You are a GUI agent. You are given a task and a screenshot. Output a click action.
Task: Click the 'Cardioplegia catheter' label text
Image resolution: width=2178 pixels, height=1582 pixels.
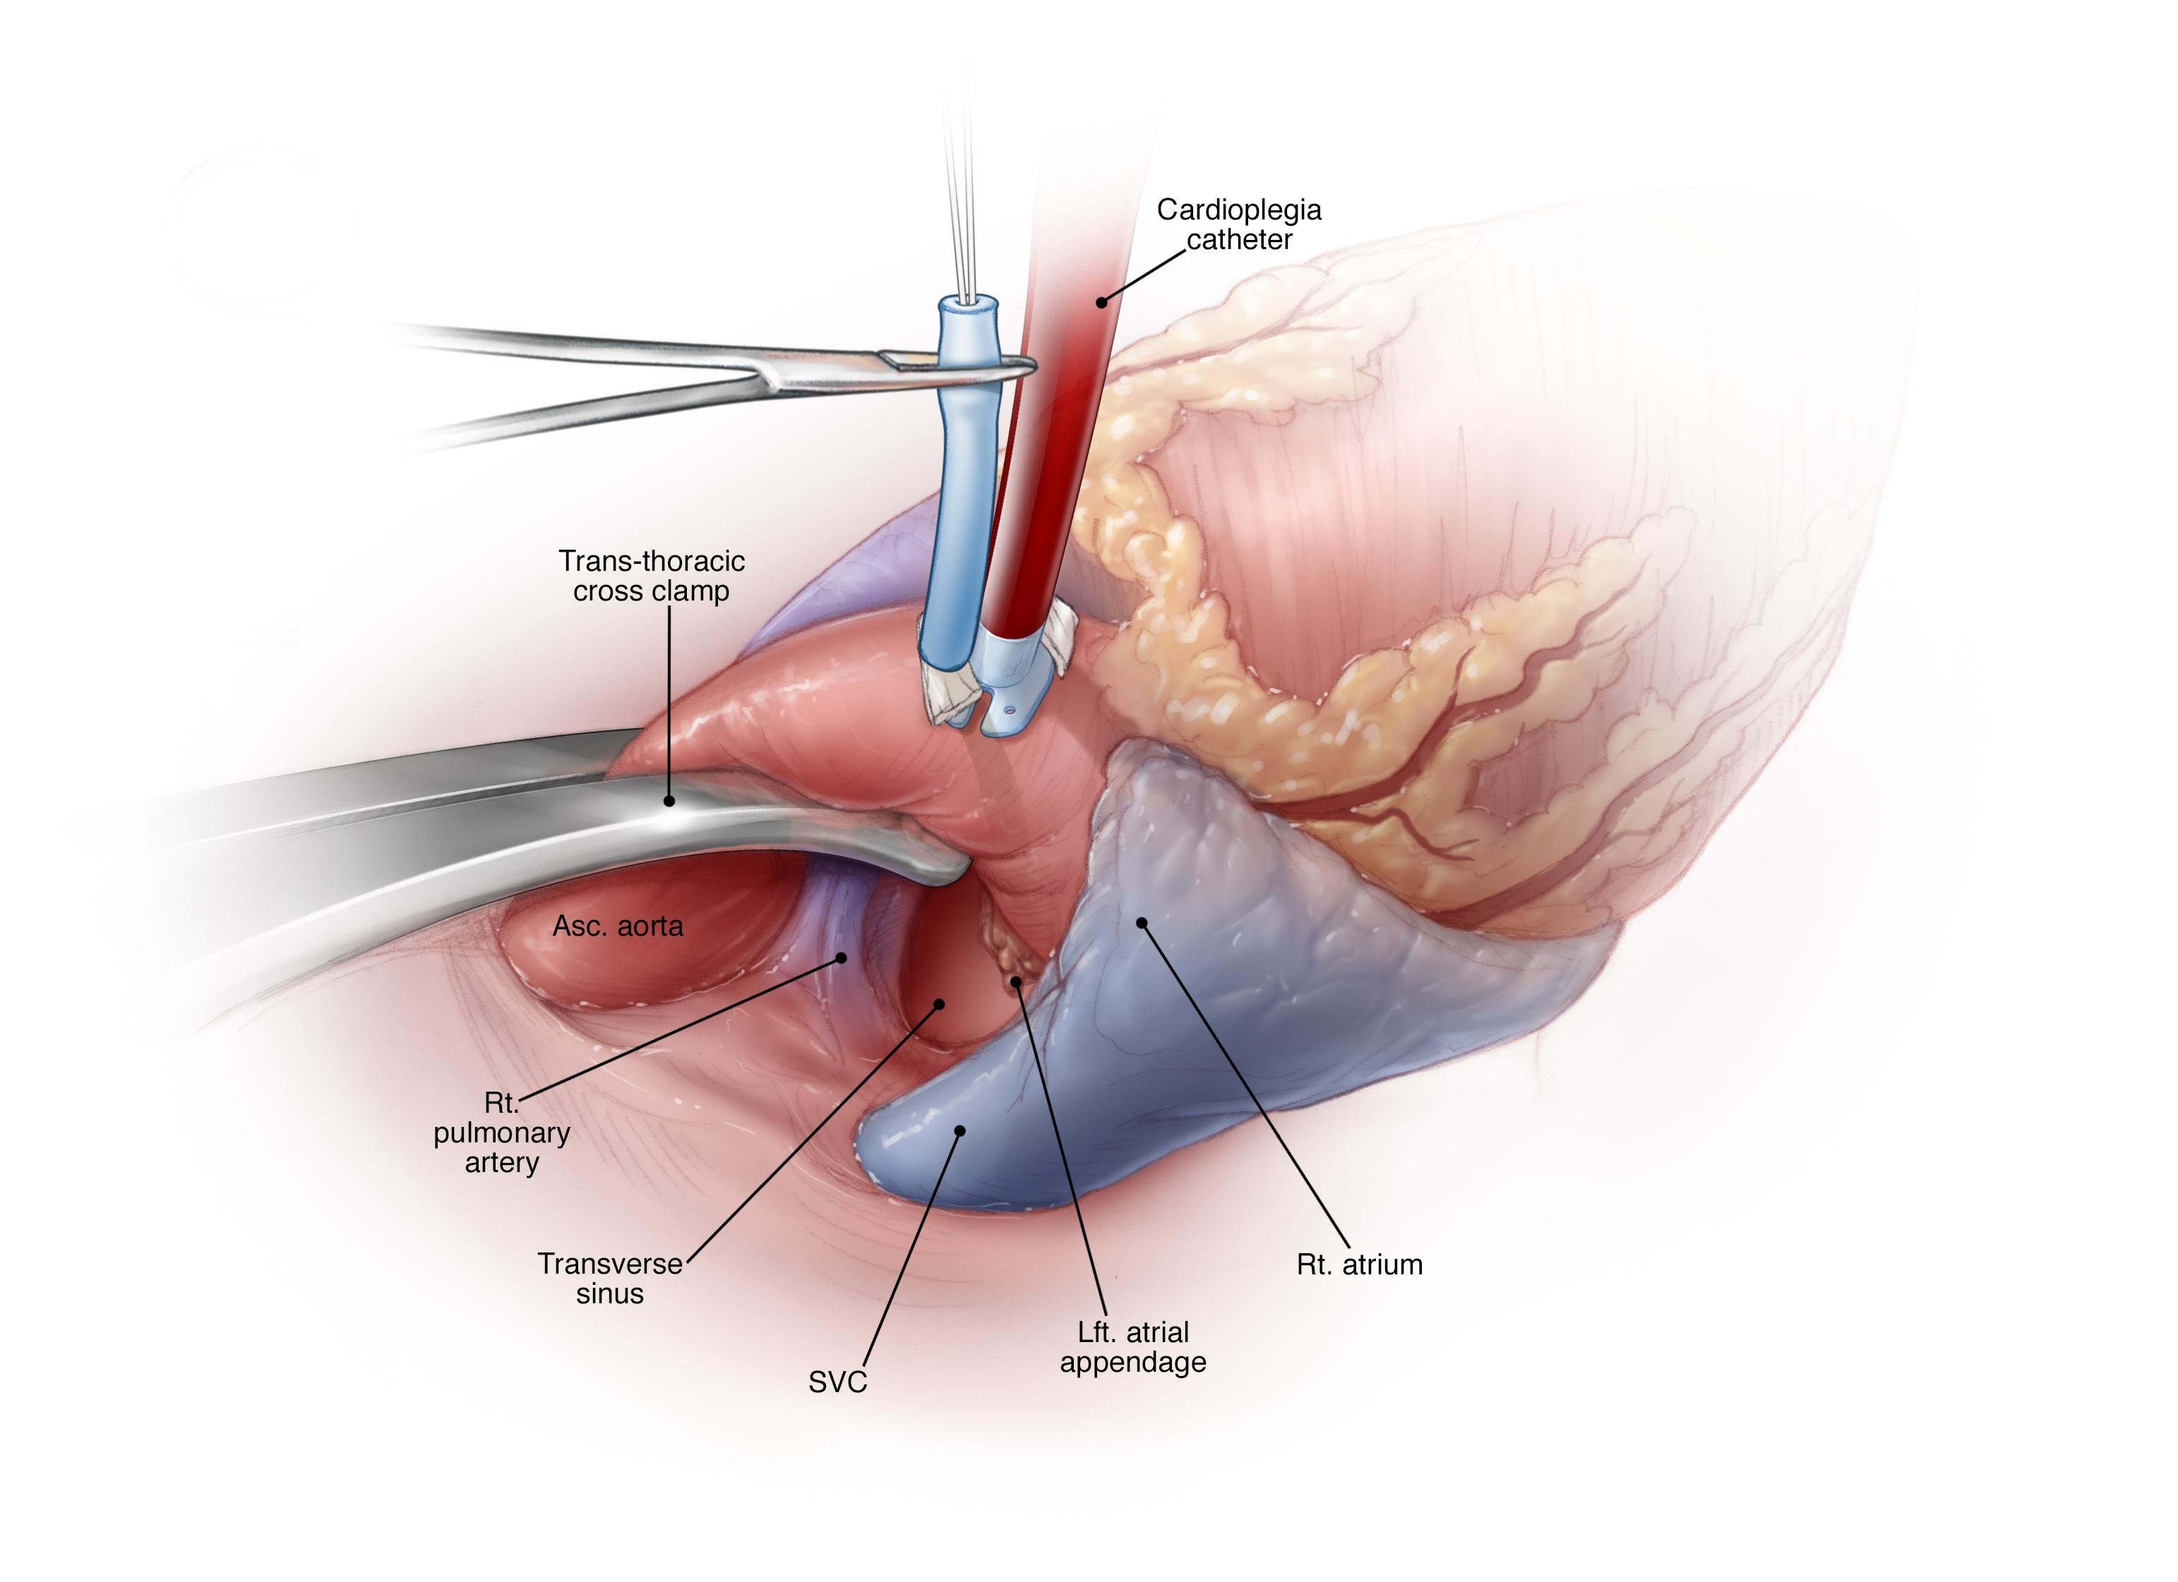(1239, 224)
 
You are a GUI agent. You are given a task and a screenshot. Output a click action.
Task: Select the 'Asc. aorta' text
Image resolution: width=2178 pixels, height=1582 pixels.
(618, 926)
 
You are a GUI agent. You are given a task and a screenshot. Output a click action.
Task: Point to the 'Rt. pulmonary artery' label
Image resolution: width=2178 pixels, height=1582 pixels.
(501, 1133)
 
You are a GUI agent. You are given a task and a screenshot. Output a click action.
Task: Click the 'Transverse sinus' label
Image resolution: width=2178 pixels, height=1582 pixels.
(610, 1278)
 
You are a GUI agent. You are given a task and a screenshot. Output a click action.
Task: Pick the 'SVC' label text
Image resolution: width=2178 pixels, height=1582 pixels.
(837, 1382)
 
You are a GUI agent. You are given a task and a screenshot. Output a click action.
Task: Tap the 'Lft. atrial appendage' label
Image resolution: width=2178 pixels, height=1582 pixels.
(1133, 1347)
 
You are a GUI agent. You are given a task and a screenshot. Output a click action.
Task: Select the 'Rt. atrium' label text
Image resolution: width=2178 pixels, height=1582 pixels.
(1359, 1265)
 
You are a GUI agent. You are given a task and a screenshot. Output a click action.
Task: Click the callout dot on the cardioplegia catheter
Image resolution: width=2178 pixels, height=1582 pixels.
(1101, 303)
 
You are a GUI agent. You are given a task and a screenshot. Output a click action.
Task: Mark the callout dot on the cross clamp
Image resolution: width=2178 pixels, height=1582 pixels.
(669, 799)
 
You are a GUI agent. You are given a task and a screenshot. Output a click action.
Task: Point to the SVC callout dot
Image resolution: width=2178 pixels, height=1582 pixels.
(959, 1131)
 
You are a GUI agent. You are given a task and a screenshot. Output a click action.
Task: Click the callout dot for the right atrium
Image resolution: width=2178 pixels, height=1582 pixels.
(1142, 922)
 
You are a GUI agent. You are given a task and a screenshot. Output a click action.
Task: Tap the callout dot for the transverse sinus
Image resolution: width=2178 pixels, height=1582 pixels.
(939, 1004)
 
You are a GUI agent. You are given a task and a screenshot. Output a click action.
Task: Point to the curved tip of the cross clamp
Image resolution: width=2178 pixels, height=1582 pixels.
(951, 869)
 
